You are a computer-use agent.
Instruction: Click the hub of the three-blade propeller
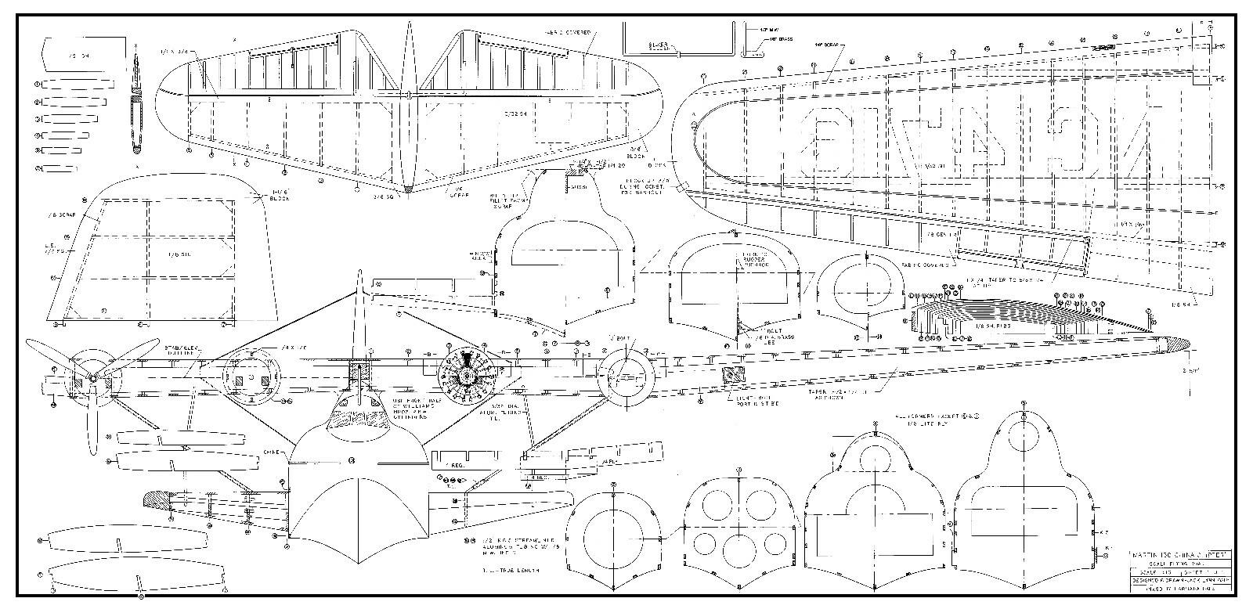[92, 379]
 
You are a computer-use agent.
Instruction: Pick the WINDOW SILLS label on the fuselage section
[478, 257]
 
